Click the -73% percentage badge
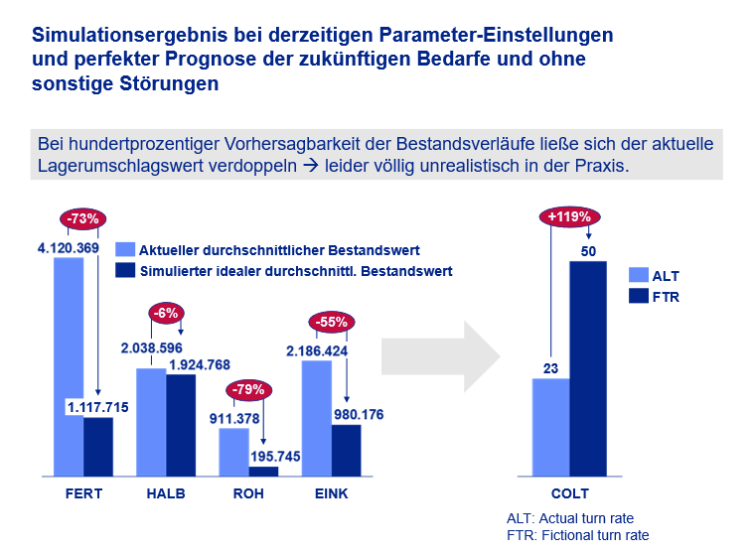[82, 219]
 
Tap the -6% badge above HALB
[165, 313]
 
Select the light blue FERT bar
[69, 367]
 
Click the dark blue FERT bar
[98, 447]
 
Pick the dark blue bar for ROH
[263, 472]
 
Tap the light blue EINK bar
[316, 418]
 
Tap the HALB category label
[166, 493]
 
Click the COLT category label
[570, 493]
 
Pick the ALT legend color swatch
[638, 276]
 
